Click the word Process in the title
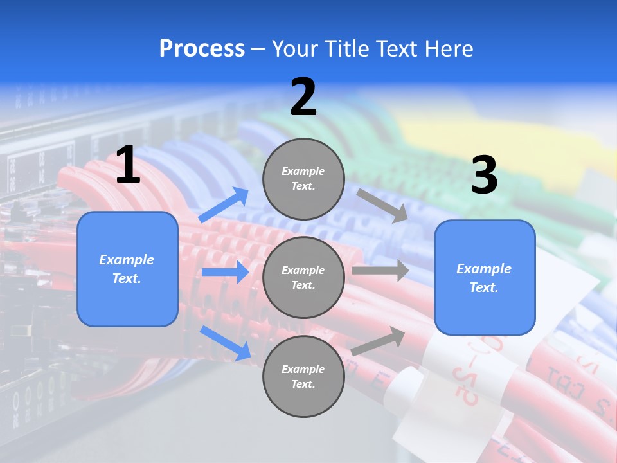202,49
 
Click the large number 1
128,165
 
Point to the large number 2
303,98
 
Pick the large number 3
484,176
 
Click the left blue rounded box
127,269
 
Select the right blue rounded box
485,277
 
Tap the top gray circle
303,179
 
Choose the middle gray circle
303,277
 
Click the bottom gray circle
303,376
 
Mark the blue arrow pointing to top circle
224,205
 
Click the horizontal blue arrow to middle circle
225,272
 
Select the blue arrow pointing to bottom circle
225,343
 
